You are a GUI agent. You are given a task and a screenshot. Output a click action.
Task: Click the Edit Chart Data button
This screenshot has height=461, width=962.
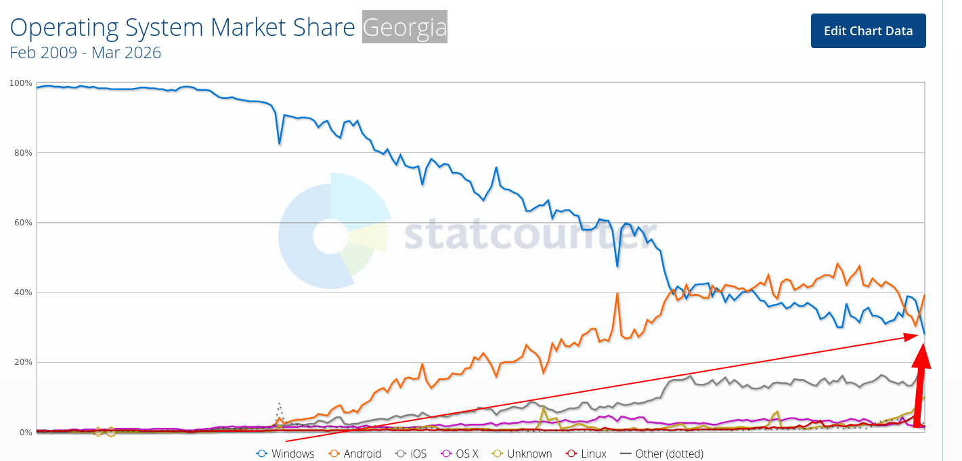868,31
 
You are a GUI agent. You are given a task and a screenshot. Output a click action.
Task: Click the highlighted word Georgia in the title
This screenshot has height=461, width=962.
405,28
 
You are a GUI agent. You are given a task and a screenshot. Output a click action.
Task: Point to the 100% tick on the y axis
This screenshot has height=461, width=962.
20,83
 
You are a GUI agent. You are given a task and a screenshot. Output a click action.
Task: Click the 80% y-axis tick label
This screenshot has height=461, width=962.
23,153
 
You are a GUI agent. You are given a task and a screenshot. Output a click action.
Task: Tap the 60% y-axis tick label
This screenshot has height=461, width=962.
23,223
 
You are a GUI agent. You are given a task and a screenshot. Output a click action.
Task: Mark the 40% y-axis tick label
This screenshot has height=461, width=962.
23,292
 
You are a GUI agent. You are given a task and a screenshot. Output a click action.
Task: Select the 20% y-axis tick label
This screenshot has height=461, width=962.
23,362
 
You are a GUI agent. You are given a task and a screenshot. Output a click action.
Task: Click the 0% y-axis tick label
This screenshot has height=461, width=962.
25,432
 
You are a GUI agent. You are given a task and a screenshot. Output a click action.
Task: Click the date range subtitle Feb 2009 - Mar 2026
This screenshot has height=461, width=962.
85,53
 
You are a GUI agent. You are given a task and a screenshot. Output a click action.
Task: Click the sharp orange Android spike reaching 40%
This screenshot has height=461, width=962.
617,294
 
